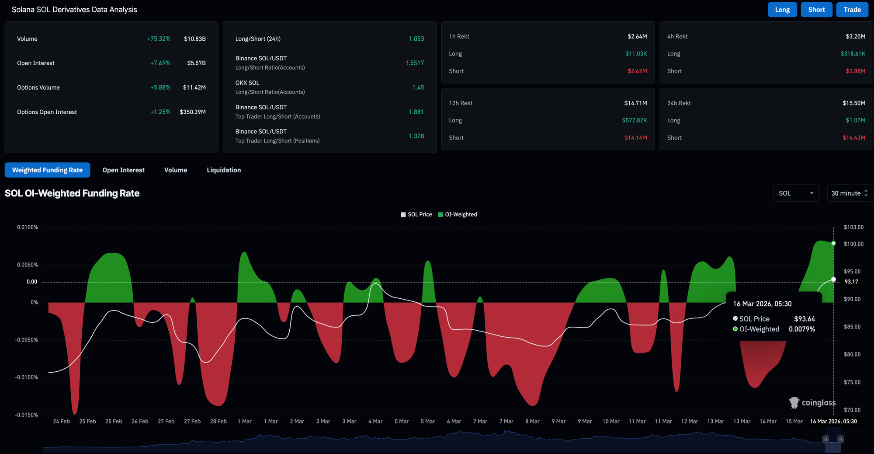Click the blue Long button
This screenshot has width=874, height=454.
click(x=782, y=10)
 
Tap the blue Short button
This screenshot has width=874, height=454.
click(x=816, y=10)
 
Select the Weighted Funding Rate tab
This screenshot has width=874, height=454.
click(x=47, y=170)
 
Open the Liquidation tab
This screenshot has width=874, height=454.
click(x=224, y=170)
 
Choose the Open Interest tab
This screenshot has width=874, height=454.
click(x=123, y=170)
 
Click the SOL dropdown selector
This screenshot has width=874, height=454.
click(x=796, y=193)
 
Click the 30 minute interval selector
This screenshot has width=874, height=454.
click(x=850, y=193)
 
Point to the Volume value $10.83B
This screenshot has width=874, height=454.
click(x=195, y=39)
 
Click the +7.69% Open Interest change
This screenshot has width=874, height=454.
click(x=160, y=63)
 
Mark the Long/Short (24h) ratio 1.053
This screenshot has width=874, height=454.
click(x=416, y=39)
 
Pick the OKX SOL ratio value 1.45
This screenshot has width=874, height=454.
click(x=418, y=87)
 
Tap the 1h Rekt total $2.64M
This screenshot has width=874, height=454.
click(x=637, y=36)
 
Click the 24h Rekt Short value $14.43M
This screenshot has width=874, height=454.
click(x=854, y=138)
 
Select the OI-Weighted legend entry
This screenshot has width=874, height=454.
click(x=458, y=214)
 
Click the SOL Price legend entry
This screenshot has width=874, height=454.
click(x=416, y=214)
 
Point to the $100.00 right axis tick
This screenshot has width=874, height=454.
click(x=853, y=244)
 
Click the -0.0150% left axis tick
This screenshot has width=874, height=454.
click(x=27, y=415)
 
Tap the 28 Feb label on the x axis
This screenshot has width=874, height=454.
click(x=218, y=421)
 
